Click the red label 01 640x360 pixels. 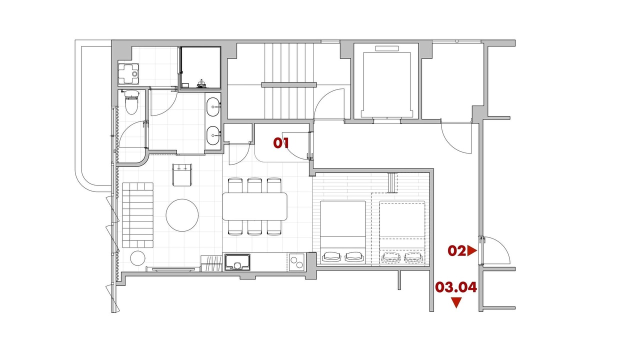[281, 143]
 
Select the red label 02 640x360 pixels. [457, 251]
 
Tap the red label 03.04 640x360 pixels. [456, 287]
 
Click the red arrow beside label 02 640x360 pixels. [472, 251]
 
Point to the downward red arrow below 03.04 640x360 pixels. [456, 302]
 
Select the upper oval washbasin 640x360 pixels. [213, 107]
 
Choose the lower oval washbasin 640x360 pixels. [213, 135]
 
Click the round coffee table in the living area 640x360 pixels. [182, 215]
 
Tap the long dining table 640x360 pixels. [254, 206]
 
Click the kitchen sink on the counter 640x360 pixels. [237, 262]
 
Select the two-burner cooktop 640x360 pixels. [296, 262]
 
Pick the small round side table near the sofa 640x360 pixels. [137, 258]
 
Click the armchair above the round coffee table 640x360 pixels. [182, 175]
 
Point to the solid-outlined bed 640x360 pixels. [343, 232]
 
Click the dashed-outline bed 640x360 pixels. [402, 232]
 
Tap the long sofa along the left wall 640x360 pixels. [137, 215]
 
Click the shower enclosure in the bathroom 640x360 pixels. [200, 67]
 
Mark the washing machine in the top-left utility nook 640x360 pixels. [128, 74]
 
